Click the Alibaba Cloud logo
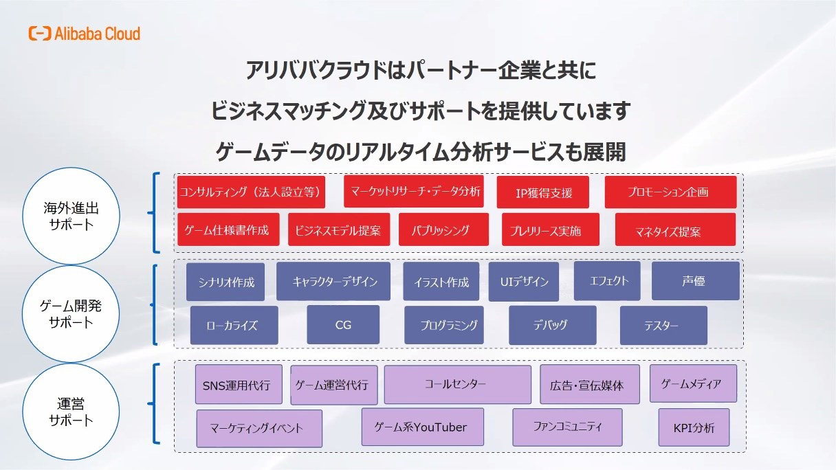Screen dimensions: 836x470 (x=85, y=34)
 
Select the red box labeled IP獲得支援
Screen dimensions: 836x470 (x=542, y=192)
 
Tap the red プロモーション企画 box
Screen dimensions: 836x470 (x=671, y=192)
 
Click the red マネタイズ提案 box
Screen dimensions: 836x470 (x=676, y=230)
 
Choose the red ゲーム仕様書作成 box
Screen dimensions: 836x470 (x=228, y=230)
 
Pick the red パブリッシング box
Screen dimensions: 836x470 (x=443, y=230)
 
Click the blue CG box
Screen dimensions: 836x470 (x=343, y=325)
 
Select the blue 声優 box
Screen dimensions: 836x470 (x=696, y=281)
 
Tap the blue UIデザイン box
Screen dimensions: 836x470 (x=524, y=282)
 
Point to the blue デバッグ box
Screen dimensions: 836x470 (x=552, y=325)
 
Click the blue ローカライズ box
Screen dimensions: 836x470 (x=234, y=325)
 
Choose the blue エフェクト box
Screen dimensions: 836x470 (x=607, y=281)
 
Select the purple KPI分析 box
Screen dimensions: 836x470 (x=694, y=427)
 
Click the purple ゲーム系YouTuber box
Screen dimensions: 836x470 (x=423, y=427)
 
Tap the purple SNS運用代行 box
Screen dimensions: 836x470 (x=239, y=384)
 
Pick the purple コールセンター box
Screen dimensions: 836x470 (x=458, y=384)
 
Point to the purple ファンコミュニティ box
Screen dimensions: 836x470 (x=567, y=427)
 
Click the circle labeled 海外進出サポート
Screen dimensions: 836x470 (x=71, y=216)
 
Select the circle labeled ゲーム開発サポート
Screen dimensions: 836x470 (x=71, y=314)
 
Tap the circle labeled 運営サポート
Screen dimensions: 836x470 (x=71, y=412)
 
